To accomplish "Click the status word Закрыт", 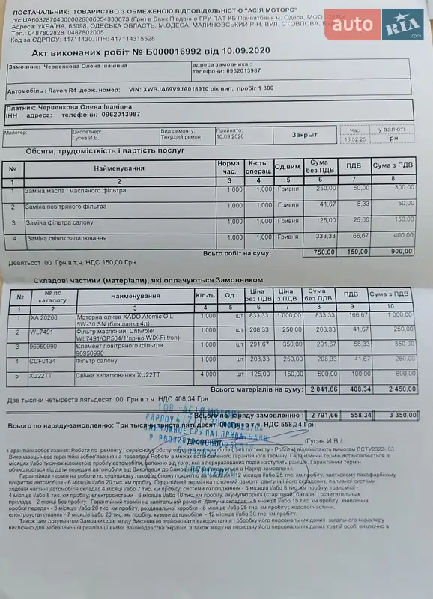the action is point(304,135).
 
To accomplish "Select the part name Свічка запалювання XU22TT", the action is point(109,374).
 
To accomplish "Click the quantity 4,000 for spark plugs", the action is point(208,374).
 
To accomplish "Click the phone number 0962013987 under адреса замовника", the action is point(237,70).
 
